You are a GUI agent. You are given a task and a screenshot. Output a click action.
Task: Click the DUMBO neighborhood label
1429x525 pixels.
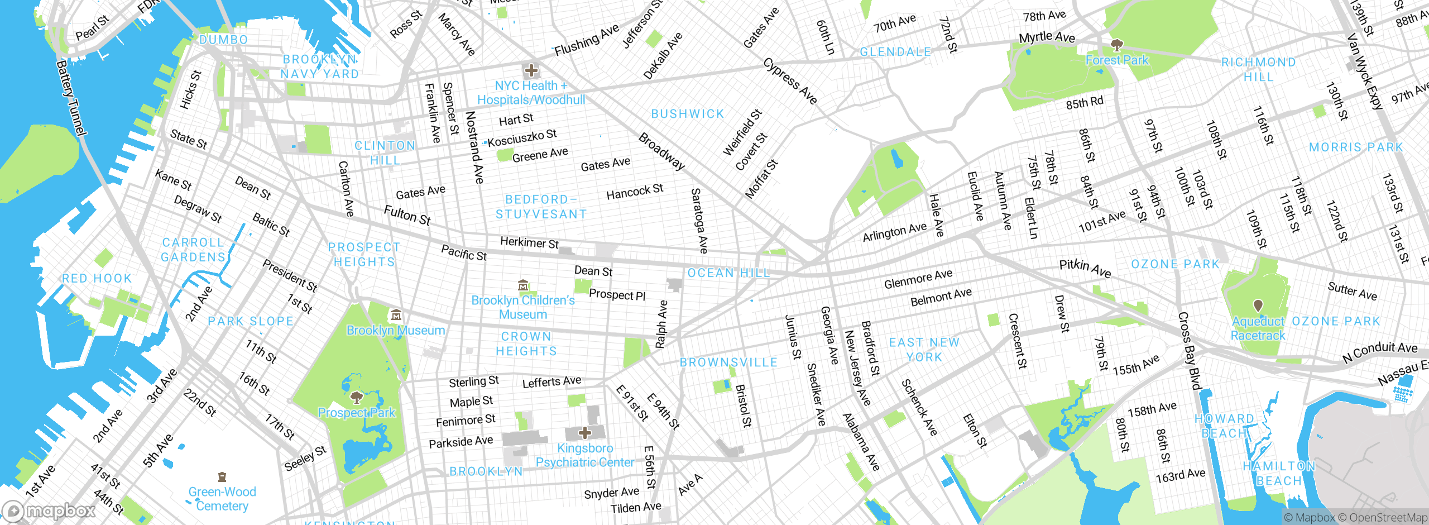pyautogui.click(x=223, y=40)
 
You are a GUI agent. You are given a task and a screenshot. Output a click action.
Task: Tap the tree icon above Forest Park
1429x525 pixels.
pyautogui.click(x=1117, y=44)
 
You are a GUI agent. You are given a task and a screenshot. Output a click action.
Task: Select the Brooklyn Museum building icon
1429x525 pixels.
pyautogui.click(x=396, y=315)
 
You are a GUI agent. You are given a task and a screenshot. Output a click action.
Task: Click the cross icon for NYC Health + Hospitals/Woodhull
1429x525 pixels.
pyautogui.click(x=531, y=70)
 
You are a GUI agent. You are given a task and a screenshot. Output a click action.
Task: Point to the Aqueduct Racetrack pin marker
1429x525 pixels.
pyautogui.click(x=1258, y=306)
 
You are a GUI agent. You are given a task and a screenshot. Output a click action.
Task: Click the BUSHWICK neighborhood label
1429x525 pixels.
pyautogui.click(x=688, y=114)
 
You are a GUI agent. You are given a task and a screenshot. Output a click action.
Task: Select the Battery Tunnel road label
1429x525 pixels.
pyautogui.click(x=71, y=98)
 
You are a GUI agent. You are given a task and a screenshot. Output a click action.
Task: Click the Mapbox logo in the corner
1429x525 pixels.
pyautogui.click(x=49, y=511)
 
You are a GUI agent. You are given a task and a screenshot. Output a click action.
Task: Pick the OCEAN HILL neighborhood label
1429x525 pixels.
pyautogui.click(x=728, y=273)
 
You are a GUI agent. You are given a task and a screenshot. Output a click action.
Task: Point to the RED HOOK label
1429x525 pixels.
pyautogui.click(x=97, y=278)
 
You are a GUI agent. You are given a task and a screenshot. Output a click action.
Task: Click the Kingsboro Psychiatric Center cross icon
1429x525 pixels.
pyautogui.click(x=584, y=432)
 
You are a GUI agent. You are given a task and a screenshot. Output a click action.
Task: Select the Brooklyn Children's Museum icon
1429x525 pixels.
pyautogui.click(x=523, y=285)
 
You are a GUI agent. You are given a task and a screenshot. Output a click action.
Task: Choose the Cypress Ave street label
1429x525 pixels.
pyautogui.click(x=790, y=81)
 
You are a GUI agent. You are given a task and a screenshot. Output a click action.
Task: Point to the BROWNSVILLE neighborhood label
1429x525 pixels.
pyautogui.click(x=728, y=362)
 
